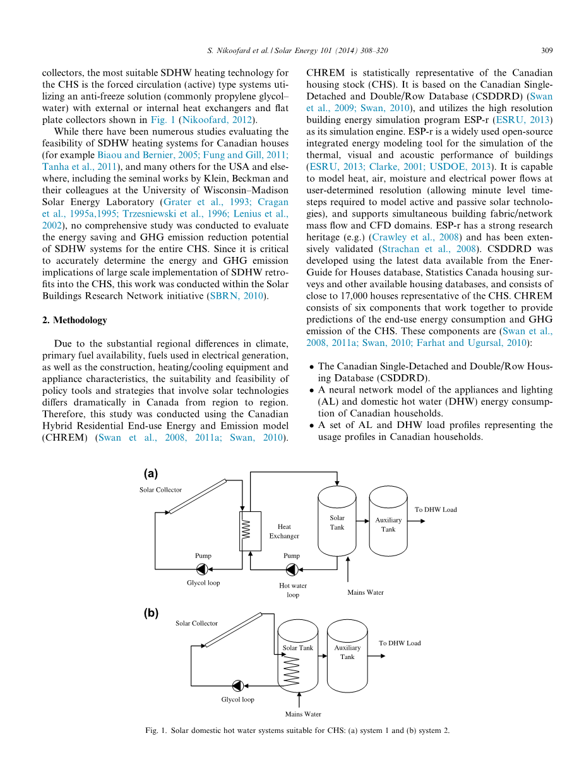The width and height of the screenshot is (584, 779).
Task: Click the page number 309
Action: click(x=547, y=50)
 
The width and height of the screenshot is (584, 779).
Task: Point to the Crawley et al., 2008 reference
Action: click(x=405, y=237)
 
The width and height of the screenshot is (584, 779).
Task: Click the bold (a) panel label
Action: click(x=151, y=473)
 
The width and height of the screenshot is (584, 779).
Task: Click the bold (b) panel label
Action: click(x=152, y=612)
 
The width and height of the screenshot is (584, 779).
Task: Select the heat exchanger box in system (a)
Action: click(x=246, y=530)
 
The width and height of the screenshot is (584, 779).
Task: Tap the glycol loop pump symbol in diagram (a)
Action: click(x=202, y=569)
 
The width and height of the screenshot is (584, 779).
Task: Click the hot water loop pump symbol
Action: click(x=292, y=569)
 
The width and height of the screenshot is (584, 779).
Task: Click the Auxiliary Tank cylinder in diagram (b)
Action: click(x=347, y=654)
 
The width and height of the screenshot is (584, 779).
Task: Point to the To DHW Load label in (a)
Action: click(x=436, y=509)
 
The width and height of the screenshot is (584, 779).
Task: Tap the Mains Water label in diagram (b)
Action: click(x=303, y=714)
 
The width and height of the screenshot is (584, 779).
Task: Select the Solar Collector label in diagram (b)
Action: click(x=196, y=623)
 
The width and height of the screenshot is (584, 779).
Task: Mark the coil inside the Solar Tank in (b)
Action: click(x=291, y=670)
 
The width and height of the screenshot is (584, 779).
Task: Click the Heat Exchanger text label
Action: click(x=284, y=531)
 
